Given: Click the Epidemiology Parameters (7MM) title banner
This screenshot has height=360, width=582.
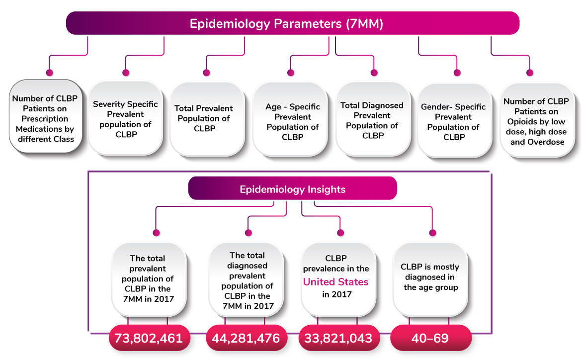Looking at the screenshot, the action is pyautogui.click(x=292, y=23).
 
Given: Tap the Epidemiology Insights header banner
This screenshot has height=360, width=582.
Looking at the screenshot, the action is pyautogui.click(x=292, y=188).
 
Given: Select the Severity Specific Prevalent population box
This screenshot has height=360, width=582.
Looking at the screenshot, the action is pyautogui.click(x=125, y=118).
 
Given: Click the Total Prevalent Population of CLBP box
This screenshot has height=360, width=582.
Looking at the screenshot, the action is pyautogui.click(x=207, y=118).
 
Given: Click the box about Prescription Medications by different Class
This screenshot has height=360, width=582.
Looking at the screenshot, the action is pyautogui.click(x=45, y=116).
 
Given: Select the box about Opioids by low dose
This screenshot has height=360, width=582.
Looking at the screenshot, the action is pyautogui.click(x=537, y=120).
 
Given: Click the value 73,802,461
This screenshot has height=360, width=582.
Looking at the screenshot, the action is pyautogui.click(x=149, y=338).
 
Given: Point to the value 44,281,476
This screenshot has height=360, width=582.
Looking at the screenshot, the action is pyautogui.click(x=246, y=338).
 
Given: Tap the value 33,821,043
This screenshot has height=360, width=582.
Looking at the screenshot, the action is pyautogui.click(x=338, y=338).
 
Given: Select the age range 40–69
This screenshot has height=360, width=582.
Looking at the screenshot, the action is pyautogui.click(x=430, y=338).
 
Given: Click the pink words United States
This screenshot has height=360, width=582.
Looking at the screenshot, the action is pyautogui.click(x=335, y=282).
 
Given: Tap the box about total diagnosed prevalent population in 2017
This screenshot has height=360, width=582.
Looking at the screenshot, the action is pyautogui.click(x=247, y=279).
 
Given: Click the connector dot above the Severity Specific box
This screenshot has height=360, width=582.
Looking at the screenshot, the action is pyautogui.click(x=126, y=73).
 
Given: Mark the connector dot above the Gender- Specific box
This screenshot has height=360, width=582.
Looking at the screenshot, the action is pyautogui.click(x=457, y=73).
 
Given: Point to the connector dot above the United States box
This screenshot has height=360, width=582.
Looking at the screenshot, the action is pyautogui.click(x=340, y=233).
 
